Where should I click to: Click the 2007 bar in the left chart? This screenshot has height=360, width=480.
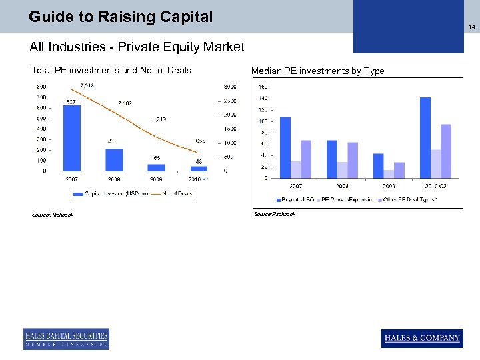(71, 138)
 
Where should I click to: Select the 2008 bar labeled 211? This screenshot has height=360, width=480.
(114, 159)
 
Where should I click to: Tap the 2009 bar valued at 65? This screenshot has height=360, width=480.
(156, 167)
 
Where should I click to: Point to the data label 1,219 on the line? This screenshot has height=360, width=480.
(159, 119)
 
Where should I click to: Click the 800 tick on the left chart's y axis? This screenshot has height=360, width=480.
(41, 87)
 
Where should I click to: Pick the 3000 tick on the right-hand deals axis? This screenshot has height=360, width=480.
(229, 87)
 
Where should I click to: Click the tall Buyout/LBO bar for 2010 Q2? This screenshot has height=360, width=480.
(425, 137)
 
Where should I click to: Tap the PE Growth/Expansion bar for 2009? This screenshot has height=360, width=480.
(389, 174)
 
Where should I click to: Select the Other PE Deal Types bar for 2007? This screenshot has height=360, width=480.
(306, 159)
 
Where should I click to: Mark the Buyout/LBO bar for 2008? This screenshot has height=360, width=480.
(332, 159)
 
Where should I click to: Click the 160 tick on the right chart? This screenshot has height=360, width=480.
(263, 87)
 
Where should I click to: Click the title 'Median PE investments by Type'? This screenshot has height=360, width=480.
(317, 71)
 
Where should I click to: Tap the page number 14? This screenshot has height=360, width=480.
(471, 27)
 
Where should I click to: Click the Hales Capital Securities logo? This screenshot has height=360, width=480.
(66, 339)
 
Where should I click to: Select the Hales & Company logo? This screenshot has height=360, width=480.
(422, 338)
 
